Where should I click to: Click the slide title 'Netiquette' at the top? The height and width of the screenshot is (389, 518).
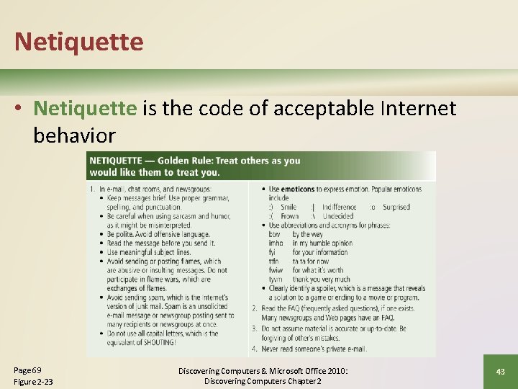pos(78,41)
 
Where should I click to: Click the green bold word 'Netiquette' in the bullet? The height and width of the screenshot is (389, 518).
pos(85,108)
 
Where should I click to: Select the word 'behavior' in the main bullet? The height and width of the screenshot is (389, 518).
pos(74,135)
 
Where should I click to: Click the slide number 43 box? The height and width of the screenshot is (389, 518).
pos(500,371)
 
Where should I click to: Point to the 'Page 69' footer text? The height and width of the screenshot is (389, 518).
pos(28,370)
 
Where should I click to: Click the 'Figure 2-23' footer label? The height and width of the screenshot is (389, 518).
pos(33,381)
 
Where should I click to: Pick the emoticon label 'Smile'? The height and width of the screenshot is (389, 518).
pos(288,207)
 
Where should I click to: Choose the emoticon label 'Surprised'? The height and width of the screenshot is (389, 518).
pos(396,207)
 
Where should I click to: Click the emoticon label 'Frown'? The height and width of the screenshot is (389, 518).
pos(290,216)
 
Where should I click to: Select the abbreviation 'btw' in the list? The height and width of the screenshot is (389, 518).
pos(274,234)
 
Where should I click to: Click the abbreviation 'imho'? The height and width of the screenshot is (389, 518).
pos(276,243)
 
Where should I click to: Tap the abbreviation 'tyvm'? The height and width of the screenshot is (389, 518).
pos(276,280)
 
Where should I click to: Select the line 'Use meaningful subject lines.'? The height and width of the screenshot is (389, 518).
pos(150,252)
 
